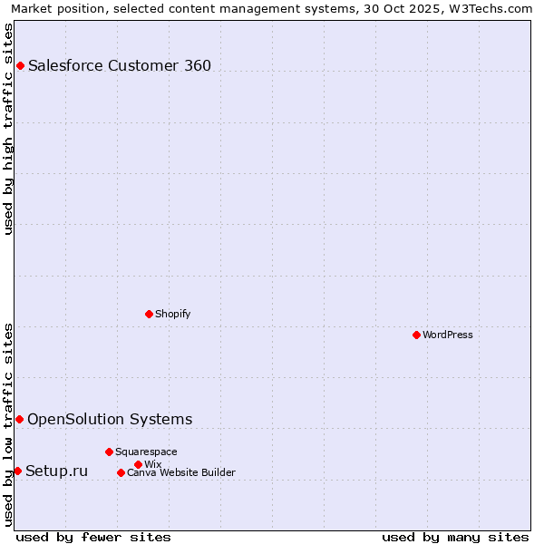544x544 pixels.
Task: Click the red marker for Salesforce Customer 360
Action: tap(20, 65)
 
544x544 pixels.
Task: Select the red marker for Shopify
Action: tap(149, 314)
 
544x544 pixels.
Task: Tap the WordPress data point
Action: tap(416, 335)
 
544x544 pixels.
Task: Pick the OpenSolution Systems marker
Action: tap(19, 419)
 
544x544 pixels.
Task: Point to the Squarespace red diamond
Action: tap(109, 452)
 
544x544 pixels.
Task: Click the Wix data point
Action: tap(138, 464)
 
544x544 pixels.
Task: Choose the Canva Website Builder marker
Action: tap(121, 472)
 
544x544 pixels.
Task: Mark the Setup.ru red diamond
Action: tap(17, 471)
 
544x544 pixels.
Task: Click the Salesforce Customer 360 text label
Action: tap(120, 65)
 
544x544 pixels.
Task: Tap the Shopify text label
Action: tap(172, 314)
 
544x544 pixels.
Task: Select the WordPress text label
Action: tap(448, 335)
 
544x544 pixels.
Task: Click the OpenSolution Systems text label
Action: tap(110, 419)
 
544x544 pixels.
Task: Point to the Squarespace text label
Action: tap(146, 452)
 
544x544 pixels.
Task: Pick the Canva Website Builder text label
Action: tap(180, 472)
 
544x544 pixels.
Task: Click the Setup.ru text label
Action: tap(56, 471)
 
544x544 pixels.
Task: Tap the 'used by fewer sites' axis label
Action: tap(93, 537)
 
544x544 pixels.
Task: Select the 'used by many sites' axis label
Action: tap(455, 537)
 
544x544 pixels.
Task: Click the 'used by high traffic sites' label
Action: tap(8, 129)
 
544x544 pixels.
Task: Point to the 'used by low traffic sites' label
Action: tap(8, 424)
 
